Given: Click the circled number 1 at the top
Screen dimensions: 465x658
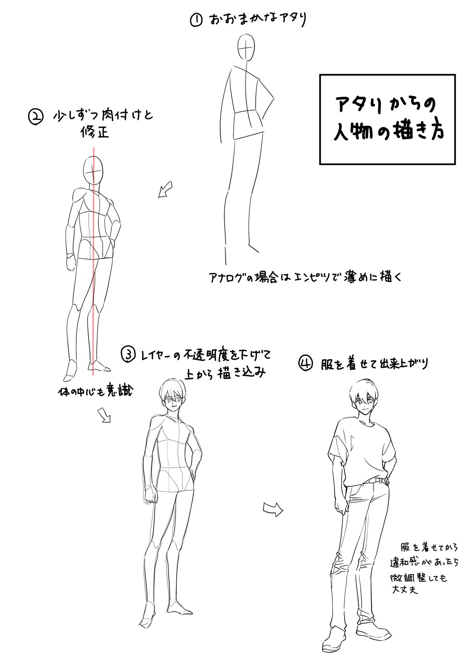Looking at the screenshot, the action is (x=196, y=21).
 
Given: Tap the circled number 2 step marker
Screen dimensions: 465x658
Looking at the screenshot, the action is (x=35, y=117).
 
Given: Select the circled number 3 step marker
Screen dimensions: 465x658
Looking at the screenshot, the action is (x=128, y=354).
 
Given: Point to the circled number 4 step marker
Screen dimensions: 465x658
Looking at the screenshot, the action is (x=306, y=364).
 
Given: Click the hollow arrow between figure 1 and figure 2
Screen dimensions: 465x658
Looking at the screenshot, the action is (x=165, y=189).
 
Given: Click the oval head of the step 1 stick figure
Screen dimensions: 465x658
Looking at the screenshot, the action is (x=246, y=48).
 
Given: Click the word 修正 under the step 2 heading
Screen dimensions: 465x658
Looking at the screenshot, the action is (x=95, y=133).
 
